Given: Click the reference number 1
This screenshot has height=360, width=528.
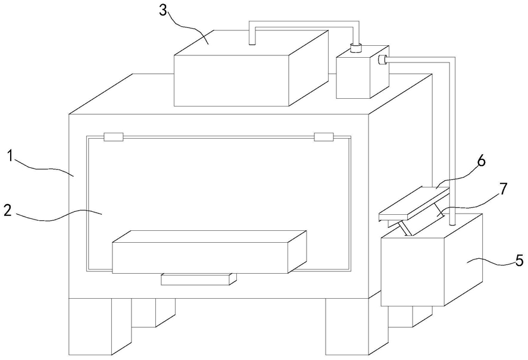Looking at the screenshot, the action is (11, 156).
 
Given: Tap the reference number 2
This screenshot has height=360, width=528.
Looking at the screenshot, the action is (9, 211).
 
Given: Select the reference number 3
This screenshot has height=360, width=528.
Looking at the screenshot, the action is (163, 11).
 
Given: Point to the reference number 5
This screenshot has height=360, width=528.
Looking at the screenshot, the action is (519, 260).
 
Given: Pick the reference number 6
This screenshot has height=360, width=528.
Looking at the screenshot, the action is (482, 161).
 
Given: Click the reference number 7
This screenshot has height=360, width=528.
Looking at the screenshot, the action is (503, 189).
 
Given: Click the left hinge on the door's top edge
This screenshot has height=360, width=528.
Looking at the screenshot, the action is (114, 137).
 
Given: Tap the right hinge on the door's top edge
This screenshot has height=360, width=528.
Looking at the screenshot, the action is (324, 137).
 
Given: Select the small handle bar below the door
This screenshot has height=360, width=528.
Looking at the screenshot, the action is (199, 279).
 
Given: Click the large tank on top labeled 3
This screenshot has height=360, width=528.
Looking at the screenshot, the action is (251, 68).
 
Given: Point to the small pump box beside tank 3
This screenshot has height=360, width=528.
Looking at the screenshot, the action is (363, 73).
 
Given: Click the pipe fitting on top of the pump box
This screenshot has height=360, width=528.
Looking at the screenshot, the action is (355, 48).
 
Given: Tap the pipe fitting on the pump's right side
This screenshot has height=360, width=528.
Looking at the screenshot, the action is (382, 60).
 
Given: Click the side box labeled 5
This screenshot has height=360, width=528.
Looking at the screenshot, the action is (432, 259).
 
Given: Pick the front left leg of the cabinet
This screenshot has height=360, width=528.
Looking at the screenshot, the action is (99, 326).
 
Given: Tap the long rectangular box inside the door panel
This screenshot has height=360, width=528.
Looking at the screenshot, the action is (209, 252).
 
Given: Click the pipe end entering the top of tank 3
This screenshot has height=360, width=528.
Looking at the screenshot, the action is (252, 41).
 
